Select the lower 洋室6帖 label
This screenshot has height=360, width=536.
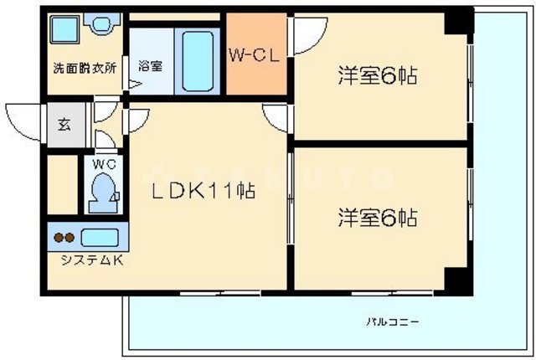click(378, 219)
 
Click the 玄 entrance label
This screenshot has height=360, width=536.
click(64, 126)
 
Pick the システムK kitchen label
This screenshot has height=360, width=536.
click(90, 260)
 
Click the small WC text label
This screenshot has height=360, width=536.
click(104, 162)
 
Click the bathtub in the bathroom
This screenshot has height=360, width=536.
click(198, 59)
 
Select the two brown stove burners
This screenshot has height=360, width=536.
click(64, 238)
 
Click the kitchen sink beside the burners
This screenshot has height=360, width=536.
click(102, 237)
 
